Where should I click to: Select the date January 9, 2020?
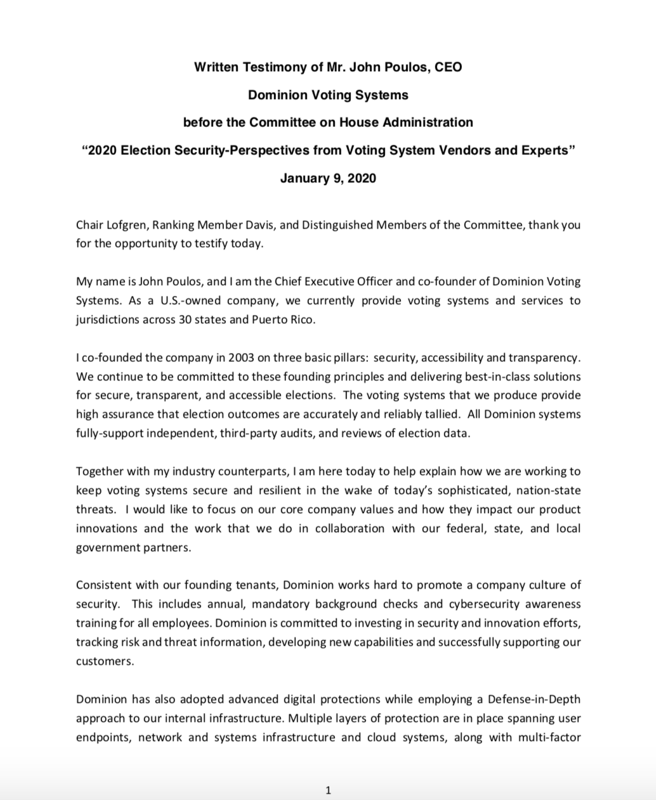pyautogui.click(x=328, y=178)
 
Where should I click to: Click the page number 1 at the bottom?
pyautogui.click(x=328, y=790)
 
